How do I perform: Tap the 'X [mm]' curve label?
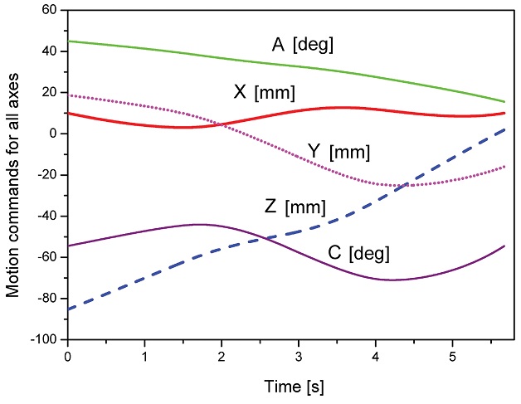pos(264,91)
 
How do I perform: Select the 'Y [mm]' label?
pos(338,152)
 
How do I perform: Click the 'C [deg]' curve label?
pos(358,252)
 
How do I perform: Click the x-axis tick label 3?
pos(299,355)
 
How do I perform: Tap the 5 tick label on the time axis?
pos(452,355)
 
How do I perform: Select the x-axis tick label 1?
pos(144,355)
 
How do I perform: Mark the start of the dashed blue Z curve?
pos(68,309)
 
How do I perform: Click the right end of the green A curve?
pos(504,102)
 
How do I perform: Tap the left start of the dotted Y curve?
pos(68,95)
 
